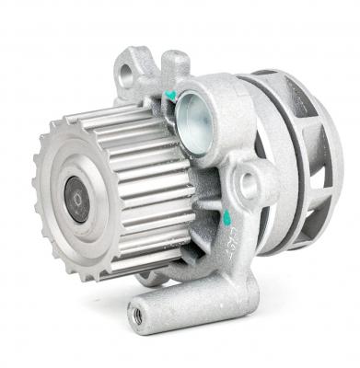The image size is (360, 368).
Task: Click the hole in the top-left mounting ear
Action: [x=125, y=77]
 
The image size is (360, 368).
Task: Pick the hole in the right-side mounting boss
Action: [x=249, y=185]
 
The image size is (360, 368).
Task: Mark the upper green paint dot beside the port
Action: [x=171, y=96]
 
